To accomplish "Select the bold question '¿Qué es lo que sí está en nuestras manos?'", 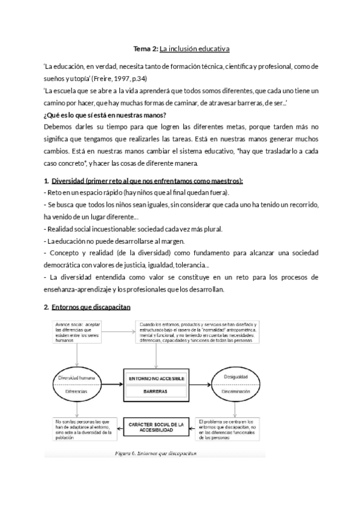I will pyautogui.click(x=105, y=115).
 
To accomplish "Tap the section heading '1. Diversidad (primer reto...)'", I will pyautogui.click(x=144, y=181).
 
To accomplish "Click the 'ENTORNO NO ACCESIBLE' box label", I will pyautogui.click(x=155, y=378).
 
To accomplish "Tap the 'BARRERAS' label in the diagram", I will pyautogui.click(x=155, y=391).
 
